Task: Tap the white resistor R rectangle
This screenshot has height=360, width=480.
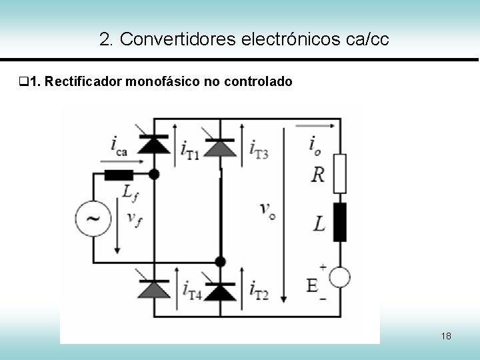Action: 340,172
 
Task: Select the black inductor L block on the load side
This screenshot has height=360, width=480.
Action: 340,223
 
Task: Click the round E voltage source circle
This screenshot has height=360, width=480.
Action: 340,277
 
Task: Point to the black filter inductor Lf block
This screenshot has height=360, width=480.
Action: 119,175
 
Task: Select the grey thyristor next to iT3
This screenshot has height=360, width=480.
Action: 220,147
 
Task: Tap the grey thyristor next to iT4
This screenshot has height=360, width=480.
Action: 155,288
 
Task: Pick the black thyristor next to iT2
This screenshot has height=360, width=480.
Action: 220,291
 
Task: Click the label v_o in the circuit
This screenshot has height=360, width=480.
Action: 267,211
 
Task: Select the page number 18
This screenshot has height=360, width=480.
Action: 446,336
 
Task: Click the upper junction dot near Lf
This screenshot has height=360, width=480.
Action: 155,175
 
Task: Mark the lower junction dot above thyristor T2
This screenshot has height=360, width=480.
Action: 220,261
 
